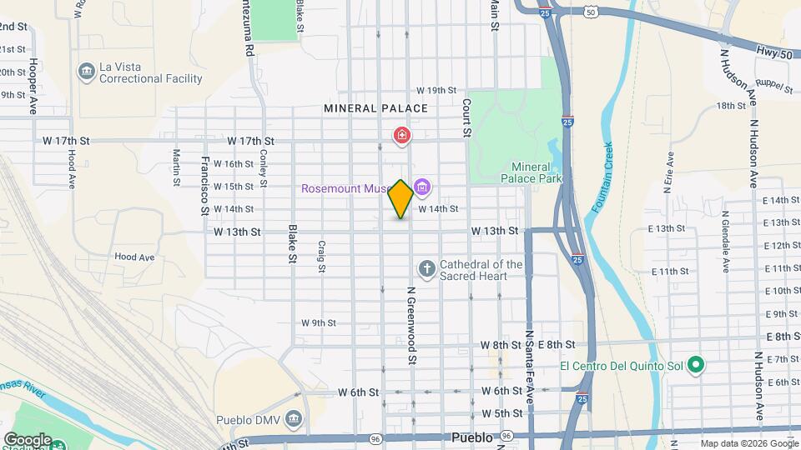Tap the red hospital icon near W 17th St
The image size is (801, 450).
402,135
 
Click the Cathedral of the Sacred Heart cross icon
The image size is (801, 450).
426,268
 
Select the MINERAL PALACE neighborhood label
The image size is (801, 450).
375,108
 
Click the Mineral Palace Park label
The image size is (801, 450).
531,172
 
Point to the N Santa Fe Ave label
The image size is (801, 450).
528,367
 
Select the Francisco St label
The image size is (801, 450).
204,184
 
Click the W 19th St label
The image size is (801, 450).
437,90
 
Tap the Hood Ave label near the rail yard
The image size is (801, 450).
134,257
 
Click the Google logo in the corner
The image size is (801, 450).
28,439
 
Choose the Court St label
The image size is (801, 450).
467,117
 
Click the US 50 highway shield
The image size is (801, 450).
591,12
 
